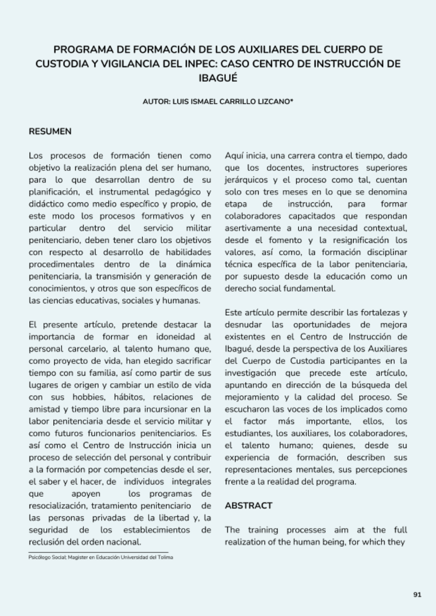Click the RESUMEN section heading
[50, 131]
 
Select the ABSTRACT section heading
[249, 505]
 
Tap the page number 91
[417, 595]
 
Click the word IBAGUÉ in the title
[218, 78]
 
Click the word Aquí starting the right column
[234, 155]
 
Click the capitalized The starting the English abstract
[232, 530]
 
